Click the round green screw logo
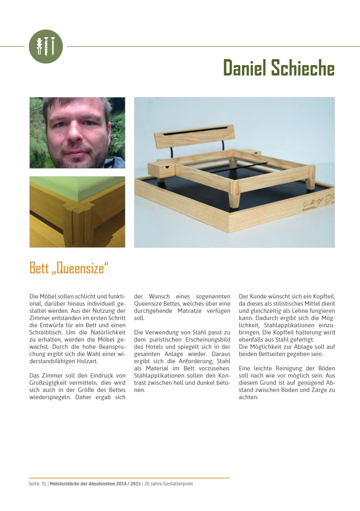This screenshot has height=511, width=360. (46, 46)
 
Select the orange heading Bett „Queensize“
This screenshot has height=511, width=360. (69, 268)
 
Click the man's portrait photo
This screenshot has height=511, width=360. (77, 133)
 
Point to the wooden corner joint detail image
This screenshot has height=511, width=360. (77, 212)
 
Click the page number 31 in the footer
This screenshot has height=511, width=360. (44, 484)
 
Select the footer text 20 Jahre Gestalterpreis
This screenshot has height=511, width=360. (169, 484)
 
